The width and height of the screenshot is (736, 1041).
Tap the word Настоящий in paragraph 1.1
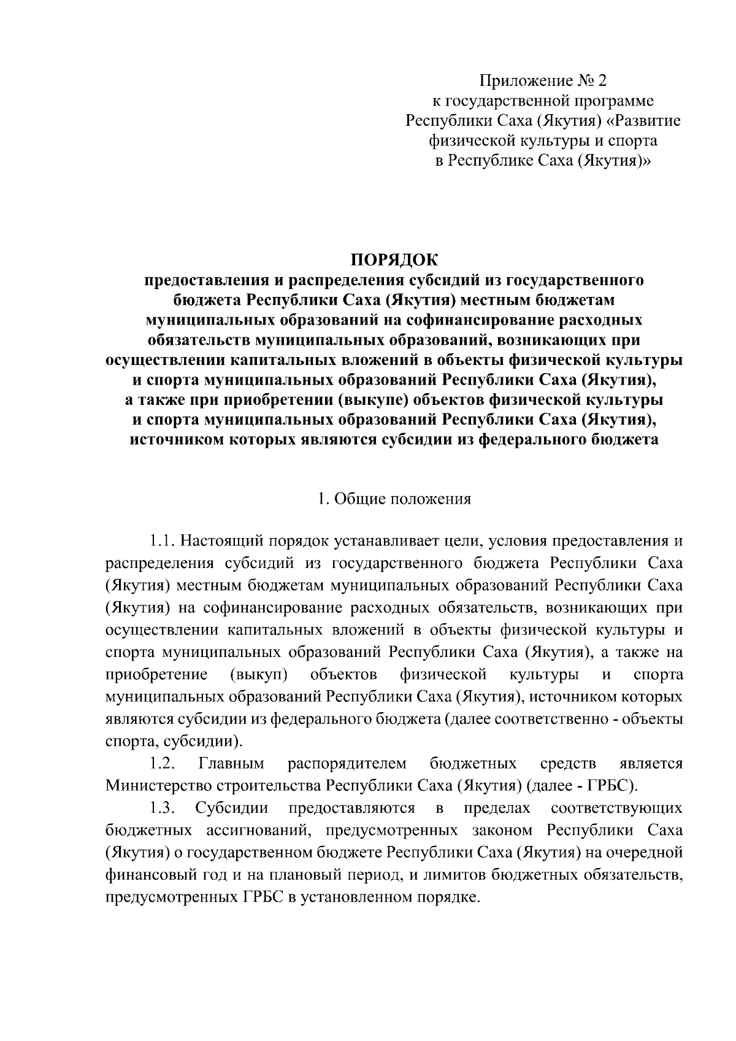click(x=218, y=542)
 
